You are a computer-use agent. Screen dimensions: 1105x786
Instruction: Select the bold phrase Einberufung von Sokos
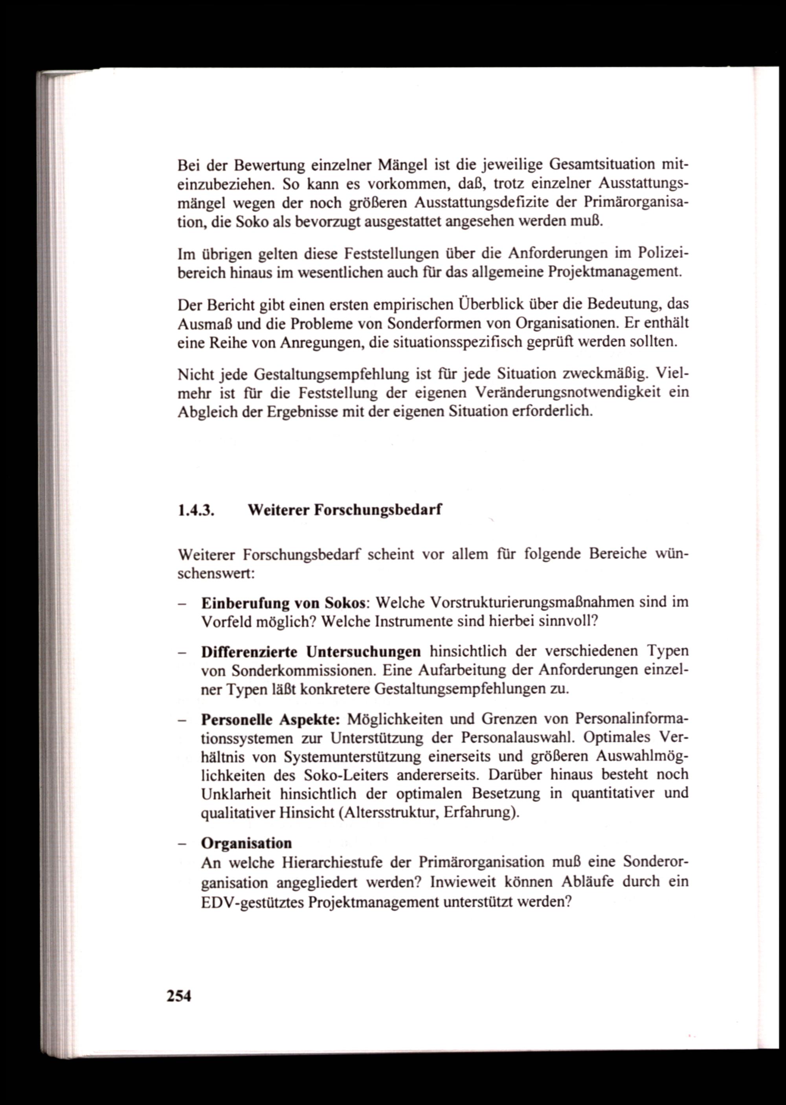point(283,603)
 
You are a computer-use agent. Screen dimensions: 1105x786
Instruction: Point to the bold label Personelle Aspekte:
point(270,720)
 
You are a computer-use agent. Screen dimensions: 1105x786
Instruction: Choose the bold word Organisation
point(246,843)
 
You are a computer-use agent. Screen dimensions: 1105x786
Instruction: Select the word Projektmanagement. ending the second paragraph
point(615,272)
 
